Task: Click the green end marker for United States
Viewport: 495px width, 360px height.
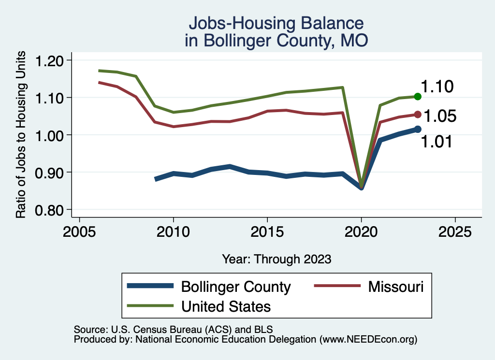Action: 418,97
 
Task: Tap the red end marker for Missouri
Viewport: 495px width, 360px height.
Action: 418,115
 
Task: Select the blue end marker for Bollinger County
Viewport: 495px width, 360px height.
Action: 418,129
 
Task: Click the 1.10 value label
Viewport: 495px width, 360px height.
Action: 437,87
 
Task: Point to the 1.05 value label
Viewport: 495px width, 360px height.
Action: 440,116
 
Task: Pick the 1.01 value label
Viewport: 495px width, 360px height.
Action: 437,142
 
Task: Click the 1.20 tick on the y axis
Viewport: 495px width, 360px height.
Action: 50,60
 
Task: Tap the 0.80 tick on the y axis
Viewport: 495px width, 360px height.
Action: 50,210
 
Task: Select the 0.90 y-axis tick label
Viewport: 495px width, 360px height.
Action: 50,173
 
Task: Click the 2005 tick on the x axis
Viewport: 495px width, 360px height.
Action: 79,232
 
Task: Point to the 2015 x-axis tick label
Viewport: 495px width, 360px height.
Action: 267,232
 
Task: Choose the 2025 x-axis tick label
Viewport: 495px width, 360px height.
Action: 455,232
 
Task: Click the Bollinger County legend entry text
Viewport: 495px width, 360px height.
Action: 235,287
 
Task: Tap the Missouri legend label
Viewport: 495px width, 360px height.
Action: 395,287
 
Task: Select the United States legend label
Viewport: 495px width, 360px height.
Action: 226,306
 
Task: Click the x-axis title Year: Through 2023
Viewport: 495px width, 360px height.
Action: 277,259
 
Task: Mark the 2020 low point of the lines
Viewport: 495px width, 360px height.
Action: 361,186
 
